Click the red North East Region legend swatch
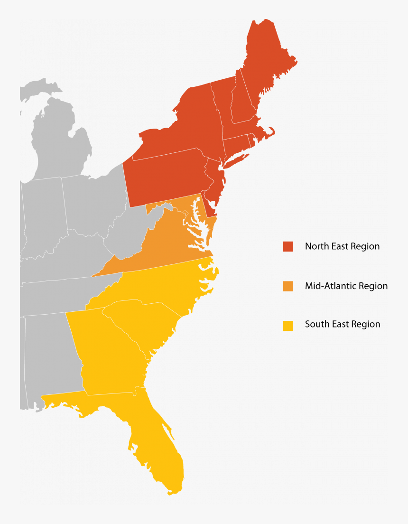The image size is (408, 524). point(288,246)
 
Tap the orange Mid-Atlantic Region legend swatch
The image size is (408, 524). point(288,286)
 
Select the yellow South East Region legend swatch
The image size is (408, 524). point(288,326)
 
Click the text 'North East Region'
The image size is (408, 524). point(342,246)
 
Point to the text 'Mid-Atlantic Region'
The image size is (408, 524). point(346,286)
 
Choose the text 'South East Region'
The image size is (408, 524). point(343,325)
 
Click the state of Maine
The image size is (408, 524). point(268,62)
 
